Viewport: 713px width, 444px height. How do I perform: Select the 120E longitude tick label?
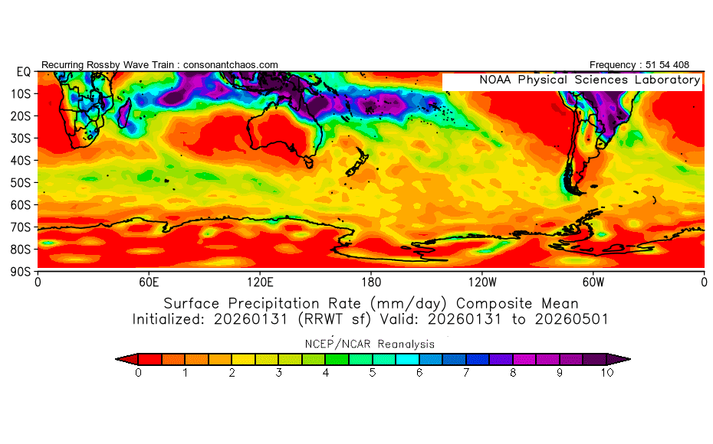click(x=260, y=281)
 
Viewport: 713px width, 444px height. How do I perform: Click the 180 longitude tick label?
click(x=371, y=281)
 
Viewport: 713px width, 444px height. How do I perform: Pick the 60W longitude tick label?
click(x=593, y=281)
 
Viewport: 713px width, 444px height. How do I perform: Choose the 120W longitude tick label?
click(x=481, y=281)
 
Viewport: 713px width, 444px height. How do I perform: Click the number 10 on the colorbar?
click(x=607, y=373)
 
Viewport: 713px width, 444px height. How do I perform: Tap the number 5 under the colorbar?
click(x=373, y=373)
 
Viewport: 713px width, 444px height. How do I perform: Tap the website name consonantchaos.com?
click(x=231, y=65)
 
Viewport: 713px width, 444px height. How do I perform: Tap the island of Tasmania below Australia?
click(x=308, y=162)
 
